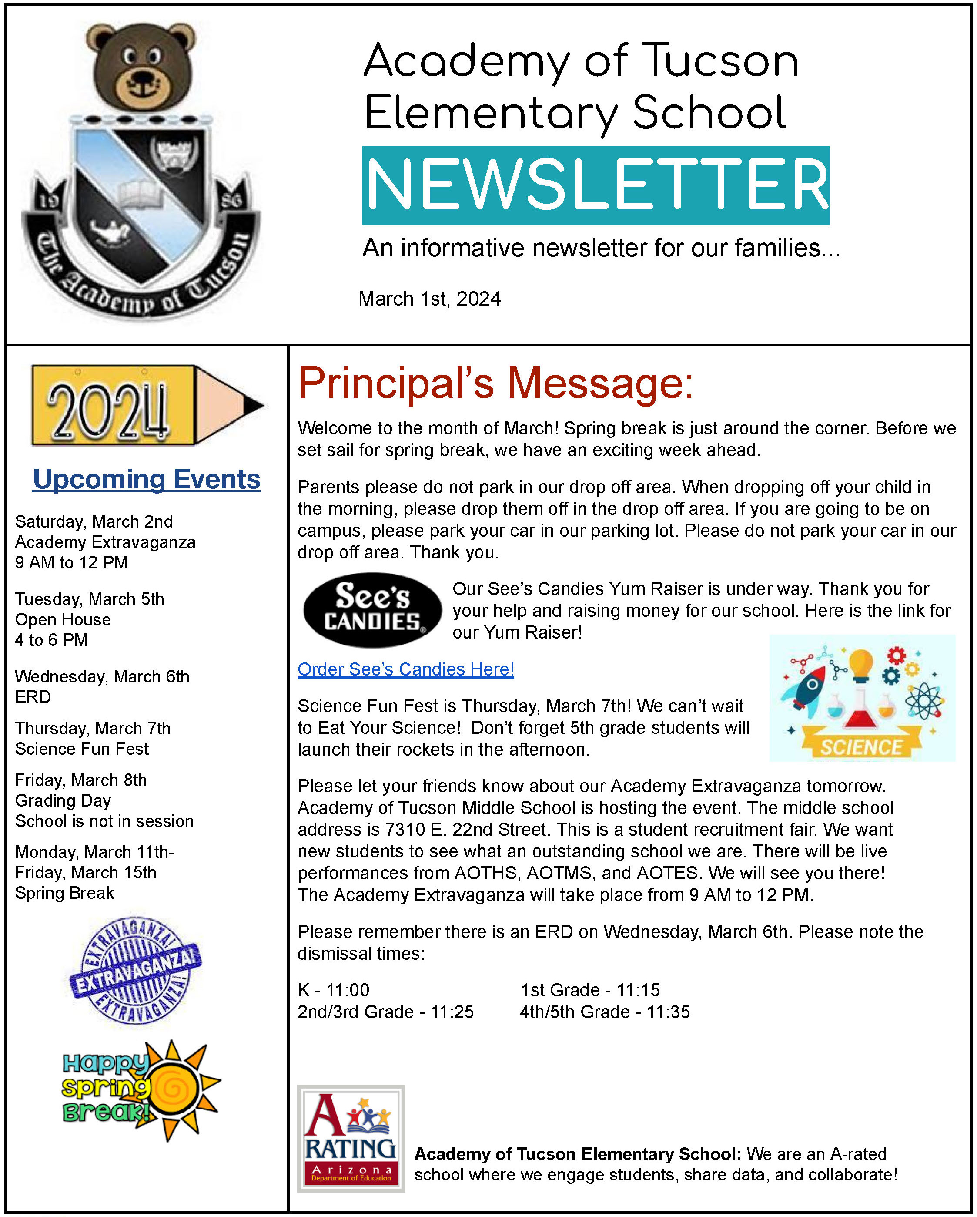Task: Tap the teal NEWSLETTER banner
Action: (595, 185)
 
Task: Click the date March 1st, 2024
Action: (429, 299)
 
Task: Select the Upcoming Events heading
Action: (147, 479)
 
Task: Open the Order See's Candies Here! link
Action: (405, 669)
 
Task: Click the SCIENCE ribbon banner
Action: (861, 746)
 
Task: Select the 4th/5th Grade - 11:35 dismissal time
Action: (604, 1012)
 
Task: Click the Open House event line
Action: (63, 619)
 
